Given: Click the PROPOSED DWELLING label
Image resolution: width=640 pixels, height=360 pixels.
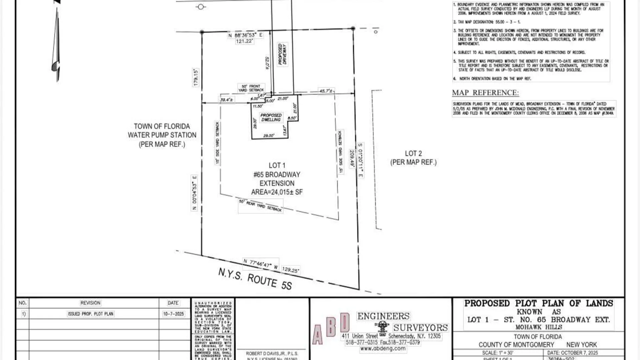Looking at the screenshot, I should coord(271,118).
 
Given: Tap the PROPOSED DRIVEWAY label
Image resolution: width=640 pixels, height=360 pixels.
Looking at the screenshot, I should coord(282,54).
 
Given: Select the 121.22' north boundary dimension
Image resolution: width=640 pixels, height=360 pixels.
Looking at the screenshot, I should coord(244,41).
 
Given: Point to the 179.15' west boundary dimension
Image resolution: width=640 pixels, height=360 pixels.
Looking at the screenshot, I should coord(196,77).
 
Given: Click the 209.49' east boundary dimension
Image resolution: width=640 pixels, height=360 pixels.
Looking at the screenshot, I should coord(352,158).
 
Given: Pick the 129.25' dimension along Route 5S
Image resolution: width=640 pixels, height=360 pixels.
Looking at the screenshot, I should coord(291,270).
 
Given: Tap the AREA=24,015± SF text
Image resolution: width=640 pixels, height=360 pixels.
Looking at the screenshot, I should coord(277,192).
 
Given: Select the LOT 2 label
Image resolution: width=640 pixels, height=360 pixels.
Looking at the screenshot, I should coord(413,158).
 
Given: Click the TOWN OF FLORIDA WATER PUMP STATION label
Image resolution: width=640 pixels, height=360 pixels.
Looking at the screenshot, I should coord(162,135).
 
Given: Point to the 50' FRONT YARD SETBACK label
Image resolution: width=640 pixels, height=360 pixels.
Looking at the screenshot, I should coord(251,88).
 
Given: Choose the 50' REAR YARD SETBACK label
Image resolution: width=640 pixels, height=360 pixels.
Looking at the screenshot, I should coord(260,205).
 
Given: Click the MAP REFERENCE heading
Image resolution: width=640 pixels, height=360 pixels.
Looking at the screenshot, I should coord(485,93).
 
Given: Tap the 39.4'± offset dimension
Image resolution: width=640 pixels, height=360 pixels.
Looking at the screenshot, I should coord(227,100).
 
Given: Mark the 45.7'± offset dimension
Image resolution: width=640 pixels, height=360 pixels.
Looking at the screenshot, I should coord(326,91).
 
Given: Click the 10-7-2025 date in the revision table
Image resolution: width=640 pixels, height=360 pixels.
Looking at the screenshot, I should coord(173,314).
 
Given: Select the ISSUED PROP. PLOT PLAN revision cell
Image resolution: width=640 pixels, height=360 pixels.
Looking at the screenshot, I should coord(91,314).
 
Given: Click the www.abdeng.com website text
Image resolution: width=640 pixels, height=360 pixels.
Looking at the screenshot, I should coord(383,349).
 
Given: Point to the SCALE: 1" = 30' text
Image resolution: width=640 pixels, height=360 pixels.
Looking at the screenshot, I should coord(498,353).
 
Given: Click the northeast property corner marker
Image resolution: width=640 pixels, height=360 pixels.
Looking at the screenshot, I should coord(353,29).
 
